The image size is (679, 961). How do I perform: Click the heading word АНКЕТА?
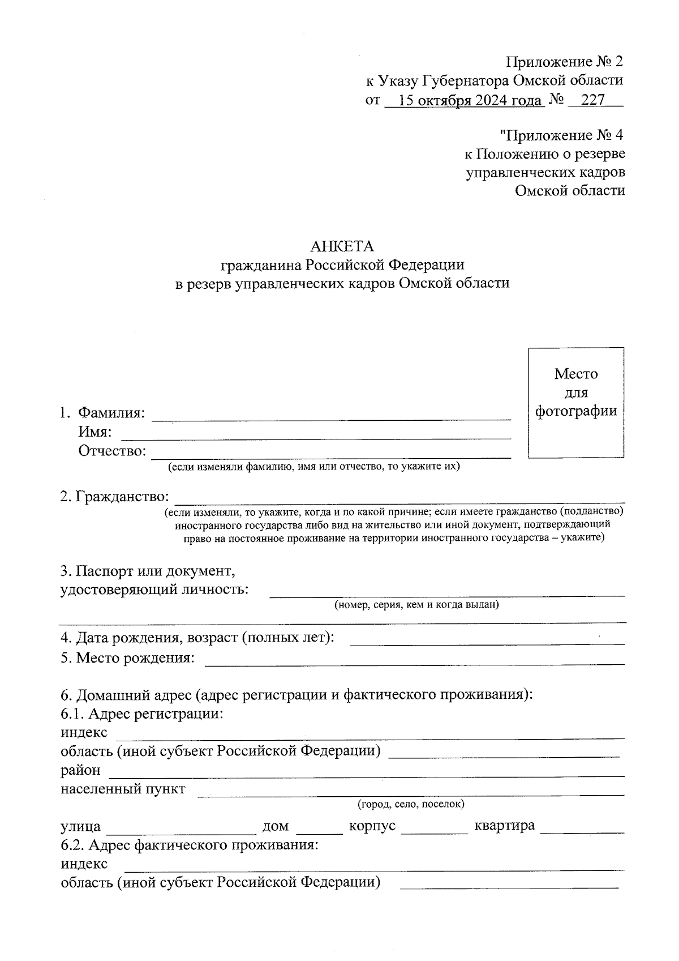tap(342, 246)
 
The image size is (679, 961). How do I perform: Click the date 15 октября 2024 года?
tap(469, 100)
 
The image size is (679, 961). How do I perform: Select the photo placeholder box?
tap(575, 402)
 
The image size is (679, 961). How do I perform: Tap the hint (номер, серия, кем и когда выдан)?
tap(416, 605)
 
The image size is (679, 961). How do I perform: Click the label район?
tap(80, 770)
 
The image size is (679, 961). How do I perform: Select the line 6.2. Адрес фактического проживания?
tap(190, 845)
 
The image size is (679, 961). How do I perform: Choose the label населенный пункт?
tap(123, 789)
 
